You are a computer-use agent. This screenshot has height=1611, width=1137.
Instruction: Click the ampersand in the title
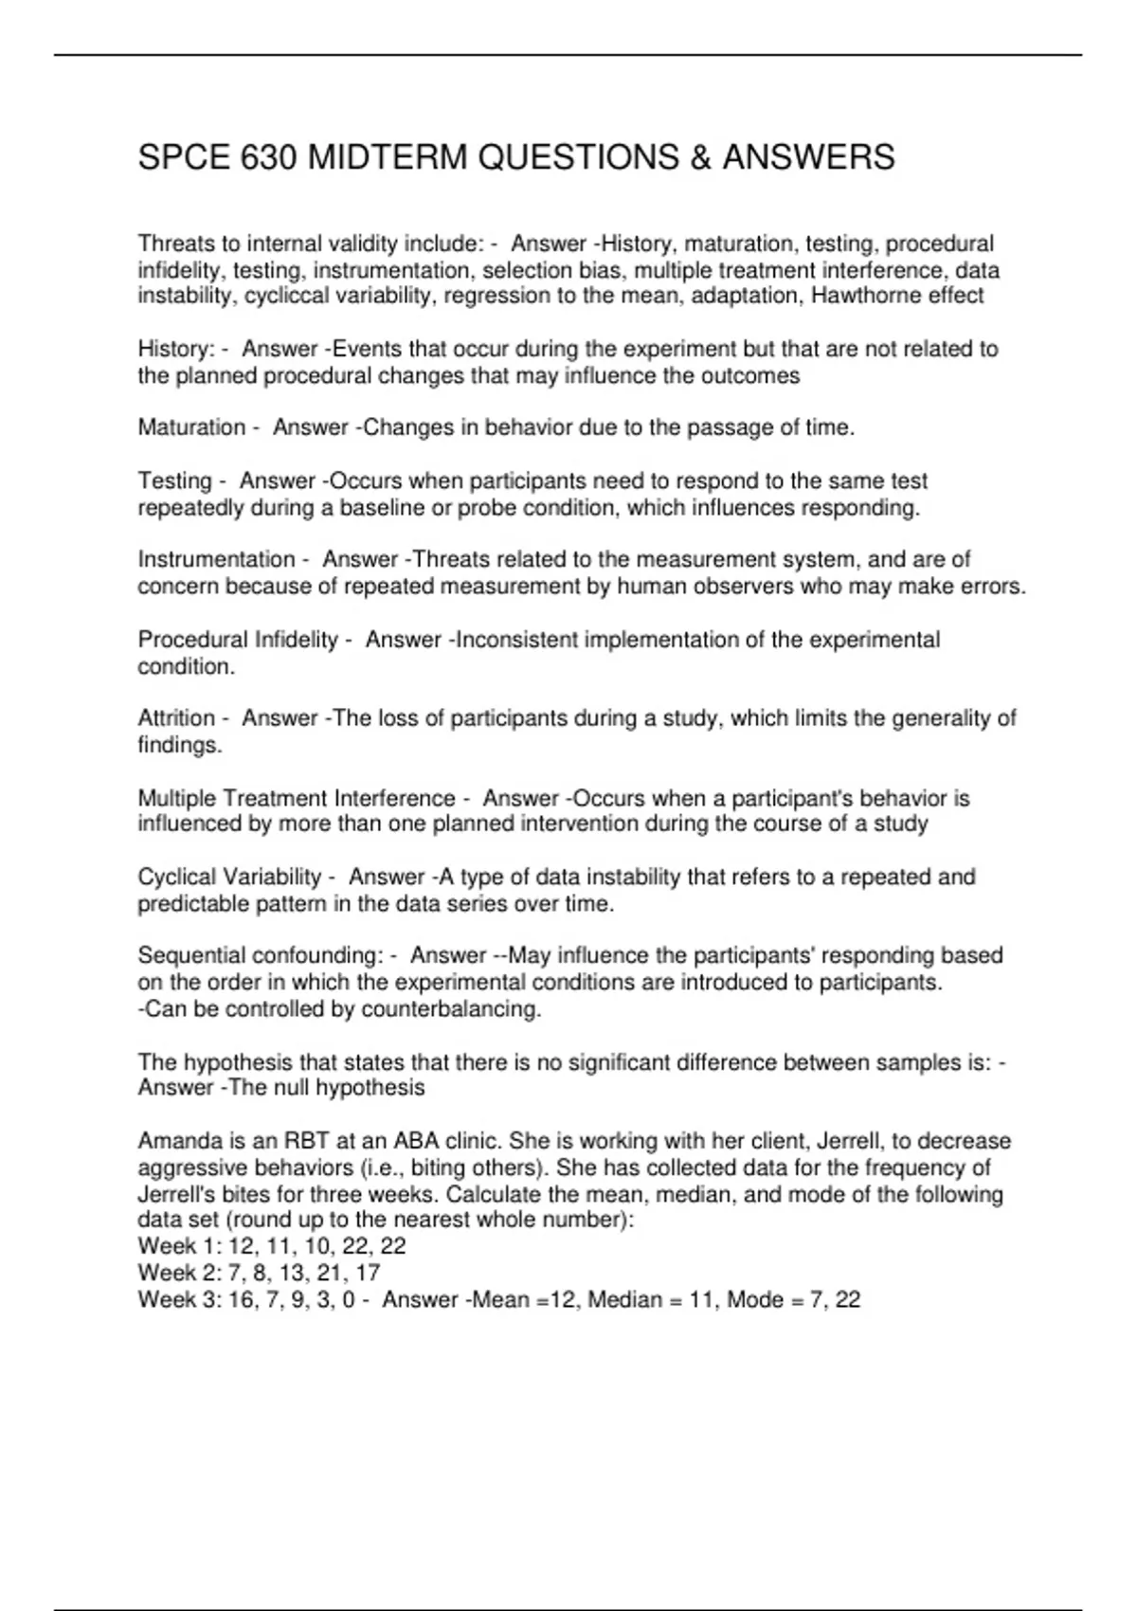pos(700,157)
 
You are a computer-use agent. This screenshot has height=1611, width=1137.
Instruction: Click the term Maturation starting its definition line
pos(191,427)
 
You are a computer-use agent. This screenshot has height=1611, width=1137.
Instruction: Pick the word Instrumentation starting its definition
pos(216,559)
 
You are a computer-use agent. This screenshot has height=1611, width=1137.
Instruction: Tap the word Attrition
pos(176,718)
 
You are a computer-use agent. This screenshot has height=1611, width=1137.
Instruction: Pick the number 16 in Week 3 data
pos(241,1299)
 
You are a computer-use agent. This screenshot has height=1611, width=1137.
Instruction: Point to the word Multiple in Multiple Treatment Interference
pos(176,799)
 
